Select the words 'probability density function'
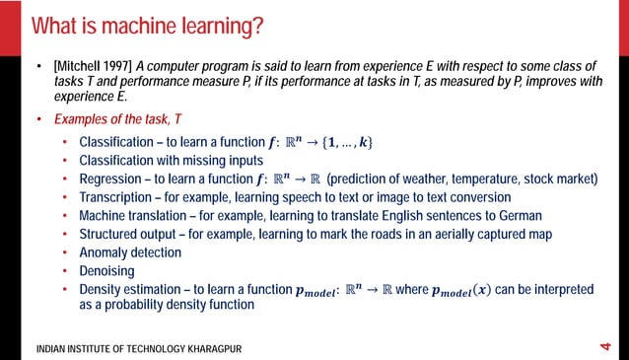(x=174, y=305)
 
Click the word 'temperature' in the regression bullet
(x=485, y=179)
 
